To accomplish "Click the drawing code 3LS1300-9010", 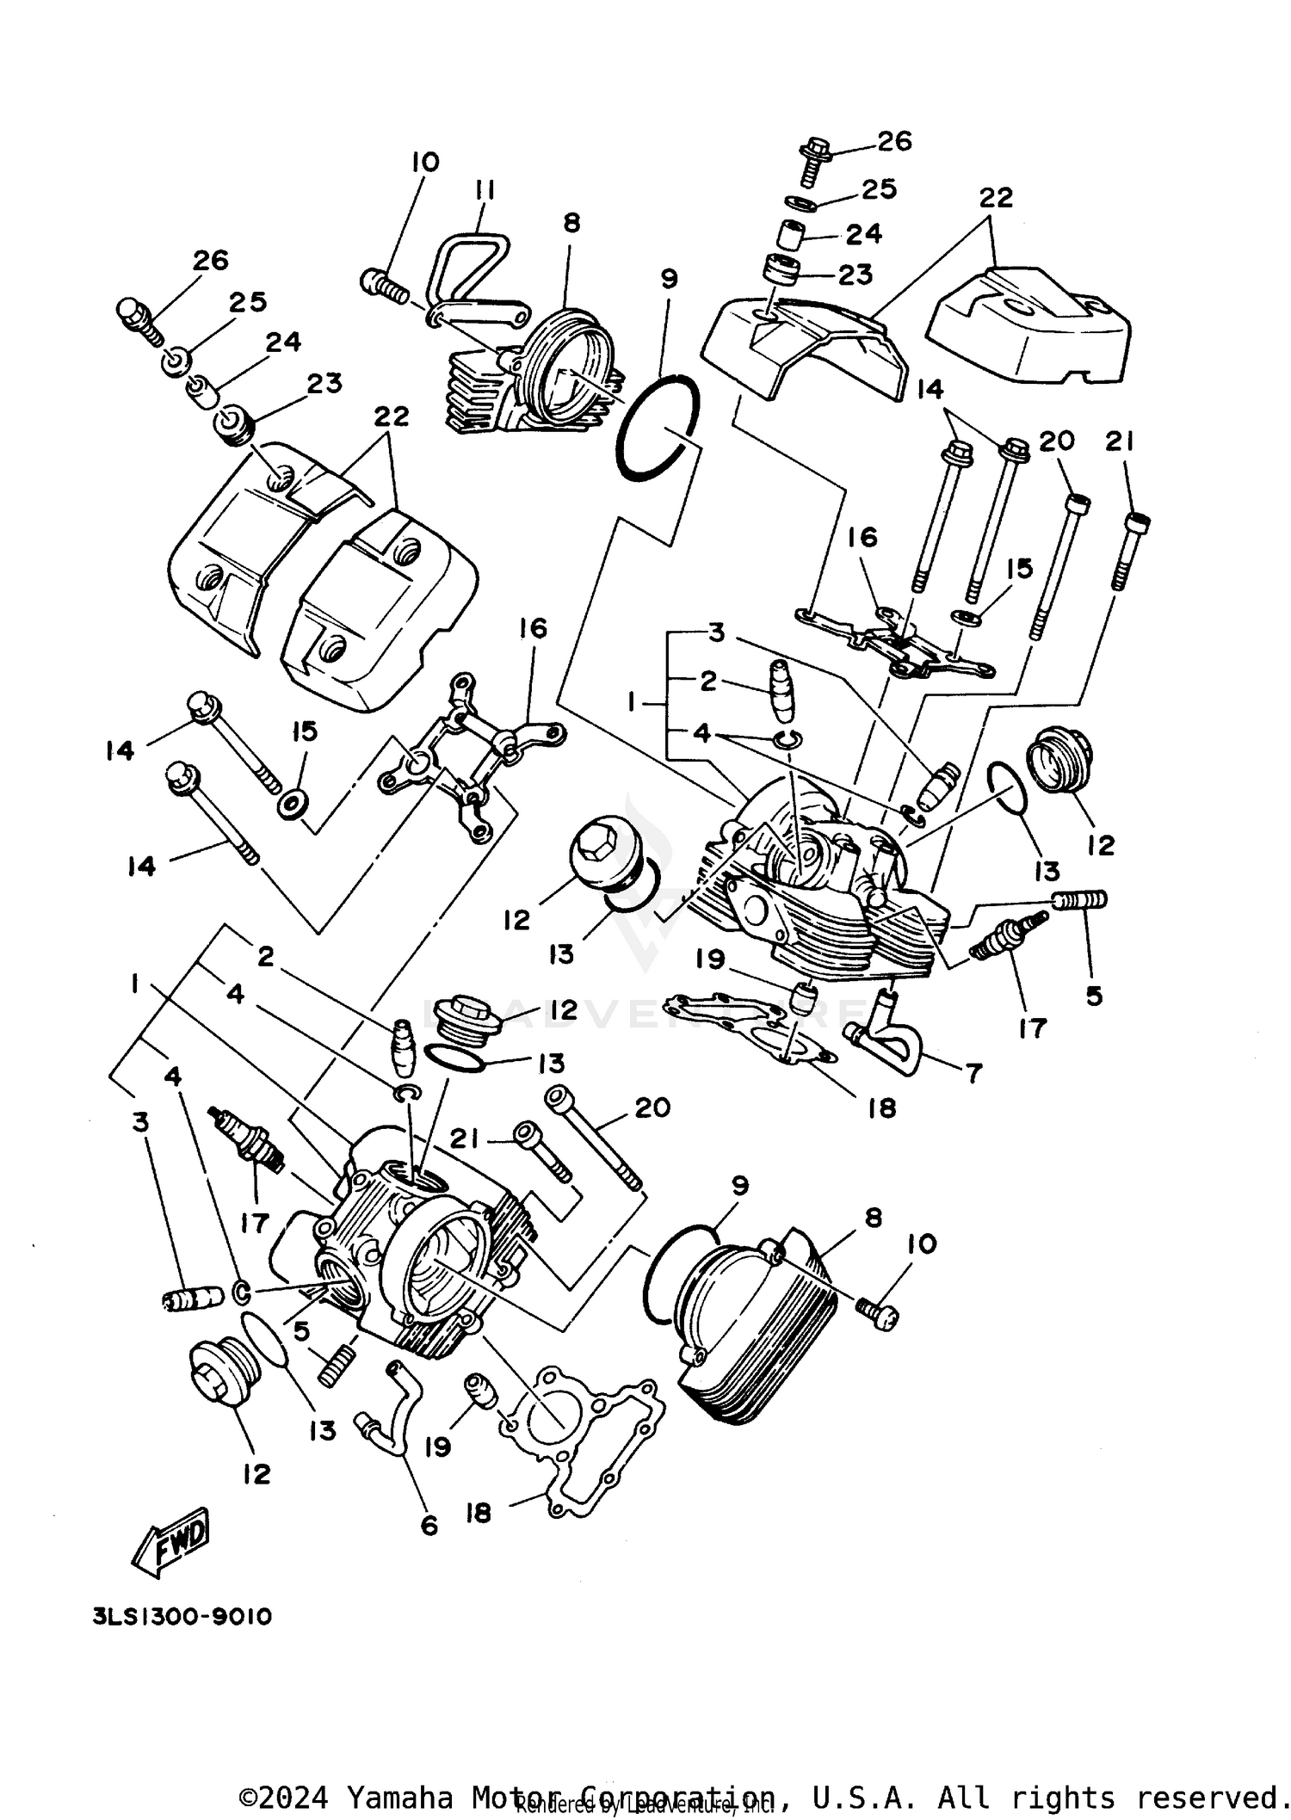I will click(182, 1617).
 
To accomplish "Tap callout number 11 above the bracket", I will click(485, 190).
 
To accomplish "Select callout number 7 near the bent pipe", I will click(973, 1072).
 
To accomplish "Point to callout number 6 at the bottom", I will click(429, 1526).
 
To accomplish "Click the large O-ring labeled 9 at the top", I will click(658, 427).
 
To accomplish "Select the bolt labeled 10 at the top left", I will click(384, 285).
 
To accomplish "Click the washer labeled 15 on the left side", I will click(293, 805).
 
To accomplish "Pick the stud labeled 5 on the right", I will click(1080, 900).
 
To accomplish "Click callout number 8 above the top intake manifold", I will click(571, 223).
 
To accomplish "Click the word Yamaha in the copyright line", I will click(398, 1796).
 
